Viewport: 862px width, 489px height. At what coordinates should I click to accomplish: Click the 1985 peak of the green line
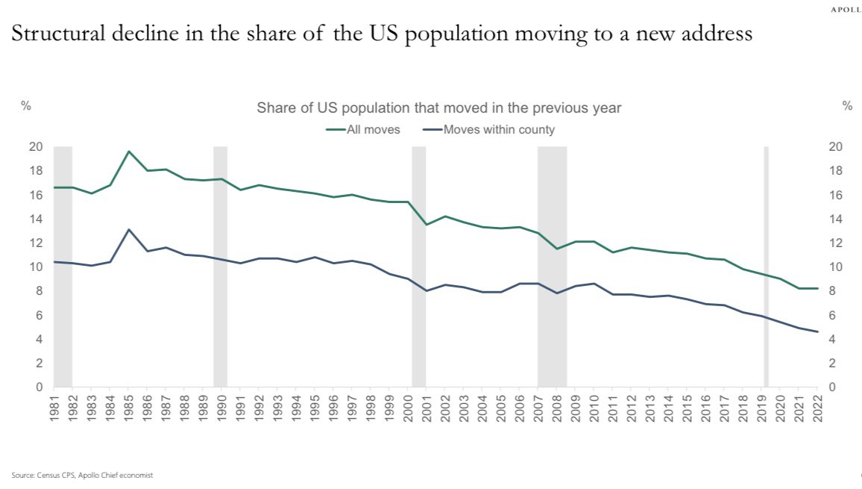(x=129, y=152)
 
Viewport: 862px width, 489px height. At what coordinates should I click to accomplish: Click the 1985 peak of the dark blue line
(x=129, y=230)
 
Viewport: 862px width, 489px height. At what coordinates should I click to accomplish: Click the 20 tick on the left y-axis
(x=35, y=147)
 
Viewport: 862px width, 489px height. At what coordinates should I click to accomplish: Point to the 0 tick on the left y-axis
(x=38, y=387)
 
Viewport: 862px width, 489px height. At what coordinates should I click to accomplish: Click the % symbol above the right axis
(x=846, y=107)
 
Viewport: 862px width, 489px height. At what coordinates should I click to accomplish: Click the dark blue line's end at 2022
(x=817, y=332)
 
